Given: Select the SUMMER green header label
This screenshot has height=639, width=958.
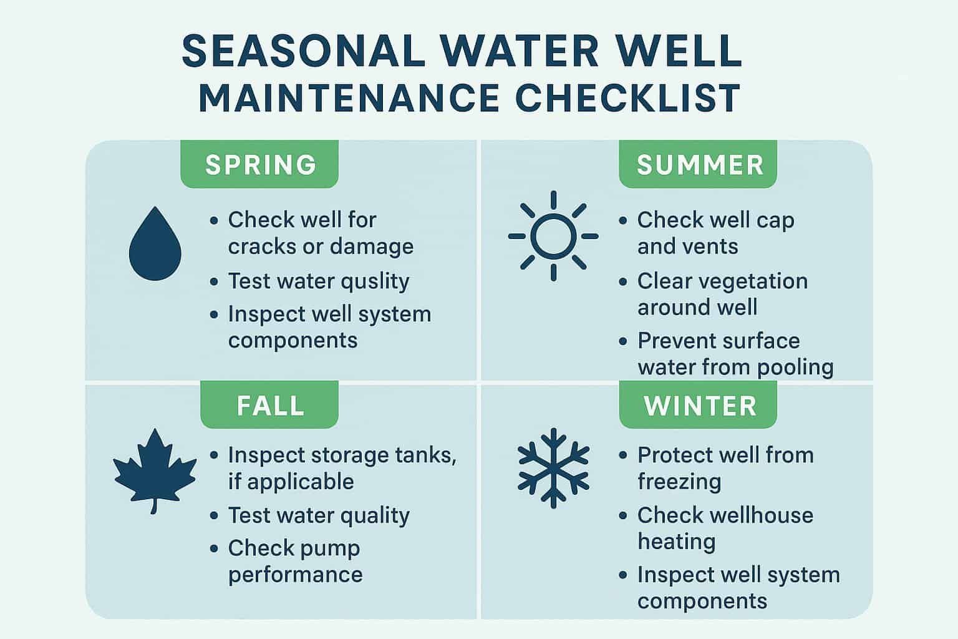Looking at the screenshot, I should click(x=699, y=164).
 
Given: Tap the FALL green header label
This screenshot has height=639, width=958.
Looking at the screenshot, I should click(x=269, y=405).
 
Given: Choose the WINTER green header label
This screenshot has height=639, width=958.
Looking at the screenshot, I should click(x=699, y=405).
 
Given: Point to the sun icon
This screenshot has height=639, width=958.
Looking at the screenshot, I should click(x=553, y=237).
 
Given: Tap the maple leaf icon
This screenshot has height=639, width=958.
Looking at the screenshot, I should click(x=154, y=470).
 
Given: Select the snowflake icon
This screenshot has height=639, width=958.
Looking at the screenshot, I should click(x=553, y=467).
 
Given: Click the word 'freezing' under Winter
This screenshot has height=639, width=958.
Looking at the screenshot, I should click(x=679, y=482).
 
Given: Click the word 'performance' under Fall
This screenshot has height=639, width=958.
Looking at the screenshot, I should click(x=295, y=574).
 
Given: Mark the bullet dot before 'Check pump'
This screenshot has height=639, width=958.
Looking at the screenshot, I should click(x=215, y=549).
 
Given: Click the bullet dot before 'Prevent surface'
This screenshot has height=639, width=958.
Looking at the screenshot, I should click(x=623, y=341).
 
